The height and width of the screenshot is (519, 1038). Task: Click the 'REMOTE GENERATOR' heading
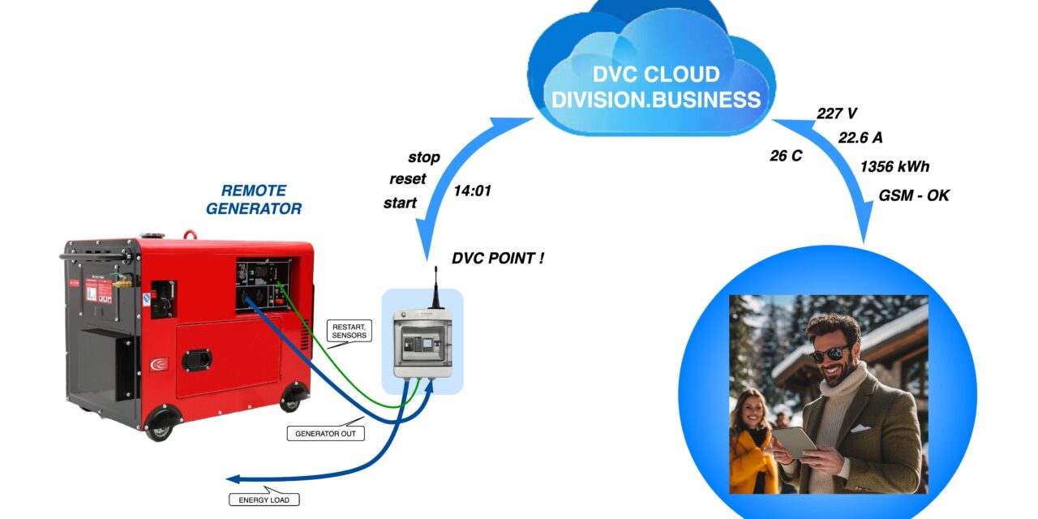[253, 199]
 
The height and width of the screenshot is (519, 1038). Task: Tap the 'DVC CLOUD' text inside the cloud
[656, 75]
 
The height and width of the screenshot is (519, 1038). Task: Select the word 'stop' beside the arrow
[424, 157]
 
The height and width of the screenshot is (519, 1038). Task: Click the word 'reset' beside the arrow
[407, 179]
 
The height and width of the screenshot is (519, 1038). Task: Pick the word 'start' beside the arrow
[400, 203]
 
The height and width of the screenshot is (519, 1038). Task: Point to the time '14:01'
[472, 191]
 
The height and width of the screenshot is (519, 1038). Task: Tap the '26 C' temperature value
[786, 156]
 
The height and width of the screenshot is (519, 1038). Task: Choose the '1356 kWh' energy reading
[894, 167]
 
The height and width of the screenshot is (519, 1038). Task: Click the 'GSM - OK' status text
[914, 195]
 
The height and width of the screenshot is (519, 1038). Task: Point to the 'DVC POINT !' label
[497, 259]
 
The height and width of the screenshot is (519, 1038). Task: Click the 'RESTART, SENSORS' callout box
[349, 330]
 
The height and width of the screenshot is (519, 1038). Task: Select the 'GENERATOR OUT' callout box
[325, 434]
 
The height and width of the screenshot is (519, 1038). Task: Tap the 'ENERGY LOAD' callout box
[264, 500]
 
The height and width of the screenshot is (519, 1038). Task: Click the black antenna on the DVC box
[435, 284]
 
